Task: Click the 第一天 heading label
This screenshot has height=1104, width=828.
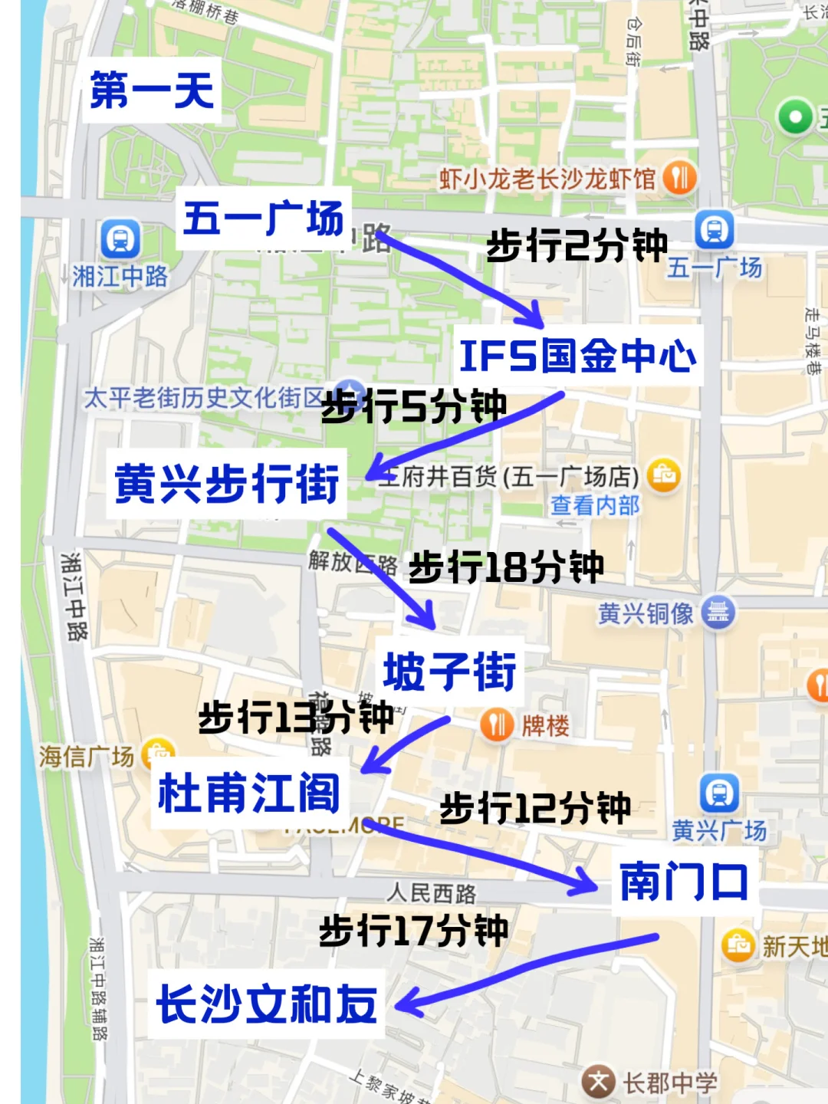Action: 152,90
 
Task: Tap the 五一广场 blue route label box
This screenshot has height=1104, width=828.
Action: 263,219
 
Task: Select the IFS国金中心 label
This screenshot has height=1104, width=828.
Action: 578,356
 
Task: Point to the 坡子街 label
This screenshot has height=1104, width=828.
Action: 450,672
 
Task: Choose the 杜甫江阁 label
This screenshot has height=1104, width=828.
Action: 249,793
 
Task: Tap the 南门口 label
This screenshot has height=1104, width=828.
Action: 684,882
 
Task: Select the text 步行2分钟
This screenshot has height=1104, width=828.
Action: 577,246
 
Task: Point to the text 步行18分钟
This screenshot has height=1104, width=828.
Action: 506,568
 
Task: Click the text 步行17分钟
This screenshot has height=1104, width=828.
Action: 413,931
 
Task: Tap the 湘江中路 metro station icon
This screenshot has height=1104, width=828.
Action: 120,239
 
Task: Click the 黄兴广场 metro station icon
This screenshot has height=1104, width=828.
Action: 719,793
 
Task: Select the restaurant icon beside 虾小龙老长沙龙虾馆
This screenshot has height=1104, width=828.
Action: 679,179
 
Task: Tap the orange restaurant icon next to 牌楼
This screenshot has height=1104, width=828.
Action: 497,724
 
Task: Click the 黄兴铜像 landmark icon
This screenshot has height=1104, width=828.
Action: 718,613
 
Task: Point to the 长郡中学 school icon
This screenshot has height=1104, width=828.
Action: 598,1083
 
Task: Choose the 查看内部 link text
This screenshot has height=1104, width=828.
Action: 594,505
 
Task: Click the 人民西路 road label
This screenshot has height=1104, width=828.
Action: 431,893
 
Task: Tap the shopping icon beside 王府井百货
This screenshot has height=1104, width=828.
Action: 664,476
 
